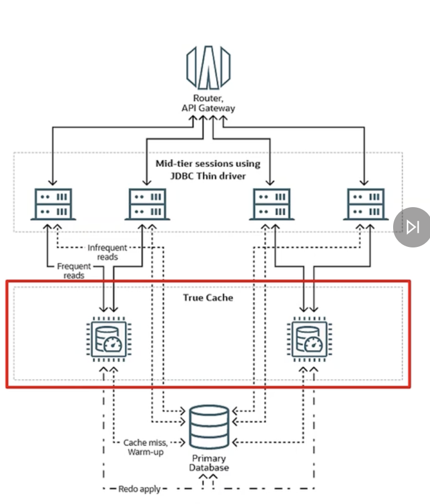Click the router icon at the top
click(x=208, y=66)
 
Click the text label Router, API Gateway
click(x=208, y=103)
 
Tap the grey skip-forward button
click(x=412, y=228)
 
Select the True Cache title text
click(x=208, y=297)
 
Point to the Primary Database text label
click(x=209, y=463)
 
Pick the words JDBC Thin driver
click(x=208, y=175)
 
